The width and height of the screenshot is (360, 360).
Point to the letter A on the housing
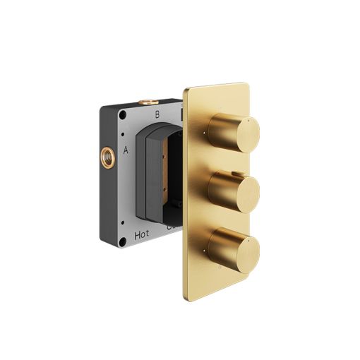[x=126, y=150]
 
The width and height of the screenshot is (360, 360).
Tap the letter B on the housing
[x=157, y=114]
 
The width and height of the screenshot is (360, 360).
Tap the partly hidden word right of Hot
[x=170, y=228]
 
